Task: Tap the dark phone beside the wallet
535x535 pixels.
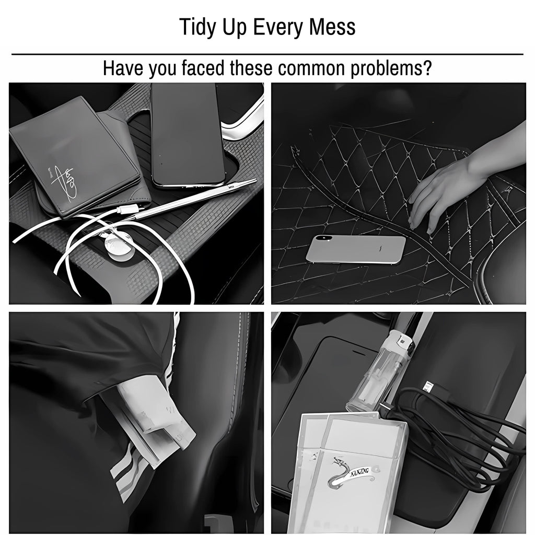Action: click(187, 135)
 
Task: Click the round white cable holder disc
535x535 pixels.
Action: click(116, 245)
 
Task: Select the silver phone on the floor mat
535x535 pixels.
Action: click(355, 249)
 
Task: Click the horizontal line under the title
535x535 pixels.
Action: click(267, 54)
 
